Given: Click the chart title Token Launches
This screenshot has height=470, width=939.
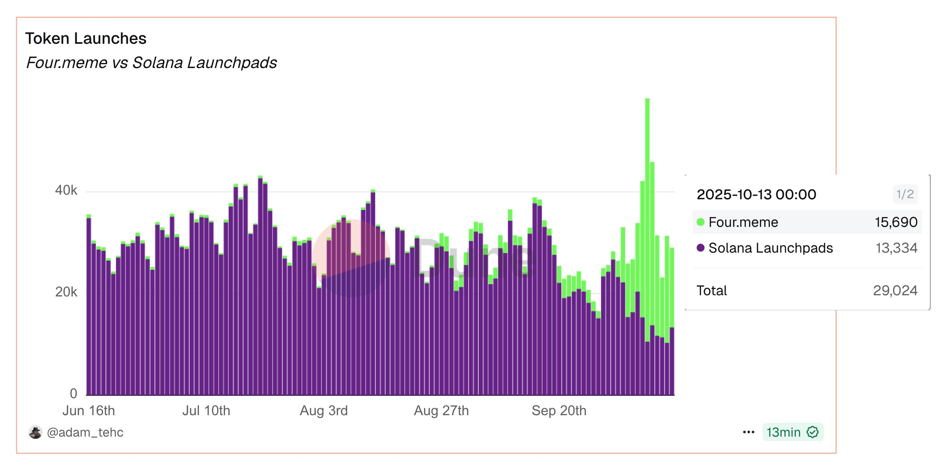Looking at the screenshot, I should tap(86, 38).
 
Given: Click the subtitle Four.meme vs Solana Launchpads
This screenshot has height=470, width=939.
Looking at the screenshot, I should tap(151, 62).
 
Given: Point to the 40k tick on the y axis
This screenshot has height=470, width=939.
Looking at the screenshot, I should tap(66, 190).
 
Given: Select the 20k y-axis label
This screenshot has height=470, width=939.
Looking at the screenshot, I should tap(66, 292).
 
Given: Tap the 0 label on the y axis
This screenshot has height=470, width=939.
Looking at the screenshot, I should tap(73, 393).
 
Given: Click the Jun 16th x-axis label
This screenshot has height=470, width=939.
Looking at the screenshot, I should tap(88, 410).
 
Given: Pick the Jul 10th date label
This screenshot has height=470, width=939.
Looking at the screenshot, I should tap(206, 410).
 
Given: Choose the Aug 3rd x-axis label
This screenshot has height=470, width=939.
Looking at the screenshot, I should tap(324, 410).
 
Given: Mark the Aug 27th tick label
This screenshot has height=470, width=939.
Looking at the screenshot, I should tap(441, 410).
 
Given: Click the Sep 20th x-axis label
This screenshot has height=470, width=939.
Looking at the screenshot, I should tap(559, 410).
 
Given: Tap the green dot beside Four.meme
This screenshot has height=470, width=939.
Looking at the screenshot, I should tap(700, 222).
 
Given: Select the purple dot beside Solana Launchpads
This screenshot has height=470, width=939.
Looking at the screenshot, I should tap(700, 248).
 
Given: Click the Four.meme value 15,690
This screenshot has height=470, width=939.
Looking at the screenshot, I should tap(896, 222).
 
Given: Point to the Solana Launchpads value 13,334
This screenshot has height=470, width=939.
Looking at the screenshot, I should tap(897, 248).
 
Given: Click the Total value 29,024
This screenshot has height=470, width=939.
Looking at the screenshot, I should tap(895, 290).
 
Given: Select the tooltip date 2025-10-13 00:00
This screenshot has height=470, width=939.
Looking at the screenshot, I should tap(756, 194).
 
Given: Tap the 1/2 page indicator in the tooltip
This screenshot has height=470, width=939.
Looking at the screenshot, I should tap(905, 194).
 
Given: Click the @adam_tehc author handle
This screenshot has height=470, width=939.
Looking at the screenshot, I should tap(85, 432).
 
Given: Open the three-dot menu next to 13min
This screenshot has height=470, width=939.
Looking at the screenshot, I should tap(748, 432).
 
